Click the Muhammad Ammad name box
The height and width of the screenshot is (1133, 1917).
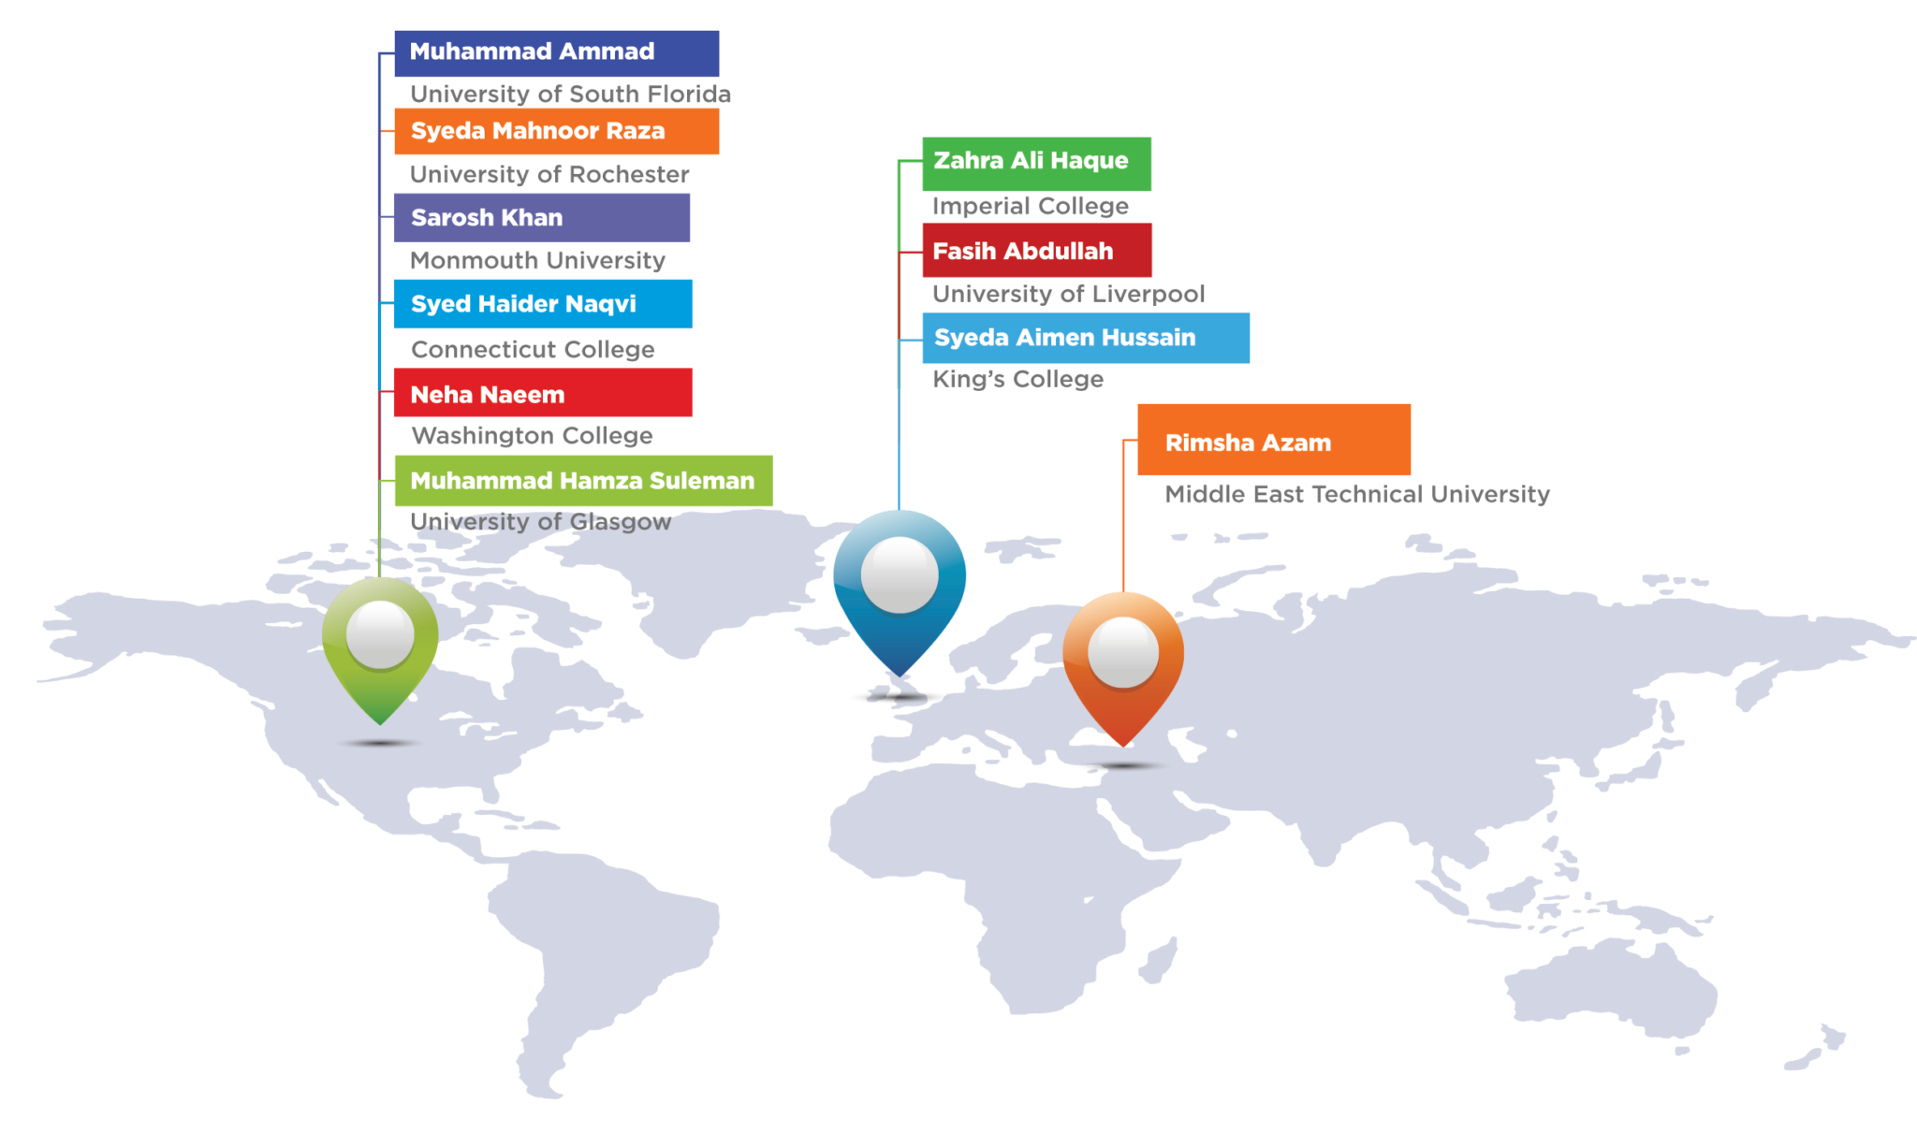[x=556, y=53]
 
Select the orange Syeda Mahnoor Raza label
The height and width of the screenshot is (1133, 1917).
[x=556, y=131]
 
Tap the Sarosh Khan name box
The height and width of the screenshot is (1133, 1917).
[x=541, y=218]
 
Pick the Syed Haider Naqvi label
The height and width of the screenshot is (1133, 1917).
[x=542, y=304]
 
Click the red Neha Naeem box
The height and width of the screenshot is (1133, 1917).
[x=542, y=393]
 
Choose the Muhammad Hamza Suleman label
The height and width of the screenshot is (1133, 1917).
[x=582, y=481]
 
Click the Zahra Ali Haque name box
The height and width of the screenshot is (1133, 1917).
[x=1036, y=163]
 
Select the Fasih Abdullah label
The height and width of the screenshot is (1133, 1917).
[x=1036, y=251]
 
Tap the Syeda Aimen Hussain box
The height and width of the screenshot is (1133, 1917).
[x=1085, y=338]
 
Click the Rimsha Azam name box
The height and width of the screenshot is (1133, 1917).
[x=1273, y=441]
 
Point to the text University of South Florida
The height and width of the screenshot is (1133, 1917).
[x=570, y=94]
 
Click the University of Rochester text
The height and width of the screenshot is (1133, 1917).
[x=549, y=175]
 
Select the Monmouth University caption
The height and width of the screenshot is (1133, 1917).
[x=538, y=261]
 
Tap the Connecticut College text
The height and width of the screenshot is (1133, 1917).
[x=533, y=350]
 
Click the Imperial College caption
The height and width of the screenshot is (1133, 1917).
[x=1030, y=207]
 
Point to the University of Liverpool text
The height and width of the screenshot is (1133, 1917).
[x=1068, y=295]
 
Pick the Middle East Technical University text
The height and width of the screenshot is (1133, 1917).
[x=1356, y=495]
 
